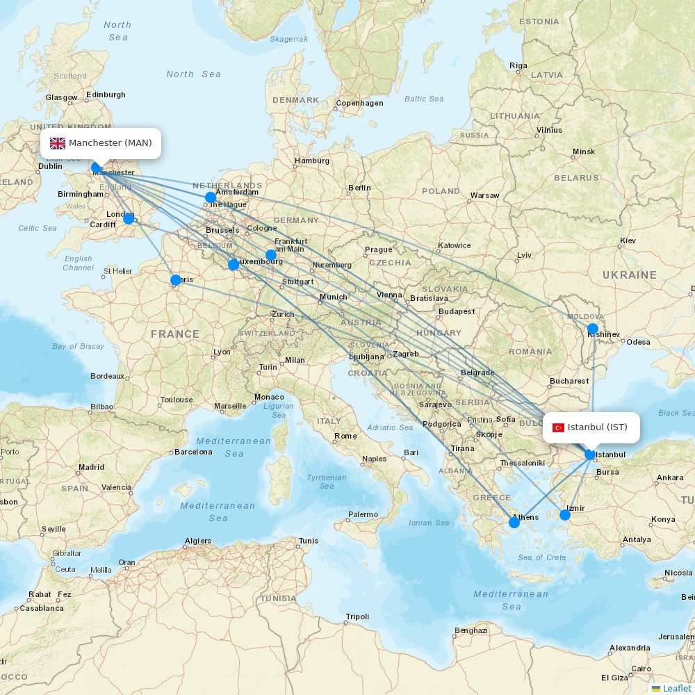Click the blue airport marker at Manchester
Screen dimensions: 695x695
[x=97, y=167]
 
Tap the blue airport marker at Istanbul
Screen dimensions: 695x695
[x=590, y=455]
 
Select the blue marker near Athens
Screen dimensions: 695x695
[x=514, y=522]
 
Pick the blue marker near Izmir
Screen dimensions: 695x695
[x=565, y=515]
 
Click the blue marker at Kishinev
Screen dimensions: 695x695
[x=592, y=329]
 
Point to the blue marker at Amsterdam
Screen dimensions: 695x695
[x=211, y=197]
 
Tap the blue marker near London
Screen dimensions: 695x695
[x=129, y=219]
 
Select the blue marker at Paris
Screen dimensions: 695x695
[x=176, y=280]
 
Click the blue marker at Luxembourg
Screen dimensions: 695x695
[x=234, y=264]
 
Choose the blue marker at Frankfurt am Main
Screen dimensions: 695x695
[x=271, y=255]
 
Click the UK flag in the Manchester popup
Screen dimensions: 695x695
[x=58, y=143]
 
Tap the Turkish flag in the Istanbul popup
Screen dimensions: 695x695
[x=558, y=427]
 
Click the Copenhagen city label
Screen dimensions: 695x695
[x=359, y=104]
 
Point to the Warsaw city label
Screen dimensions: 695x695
[x=484, y=195]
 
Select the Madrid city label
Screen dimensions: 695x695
[x=91, y=467]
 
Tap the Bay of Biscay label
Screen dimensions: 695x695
[x=78, y=346]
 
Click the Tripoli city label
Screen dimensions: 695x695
[x=357, y=616]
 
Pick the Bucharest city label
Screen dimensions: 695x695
[x=569, y=381]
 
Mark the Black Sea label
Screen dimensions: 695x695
[x=676, y=413]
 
